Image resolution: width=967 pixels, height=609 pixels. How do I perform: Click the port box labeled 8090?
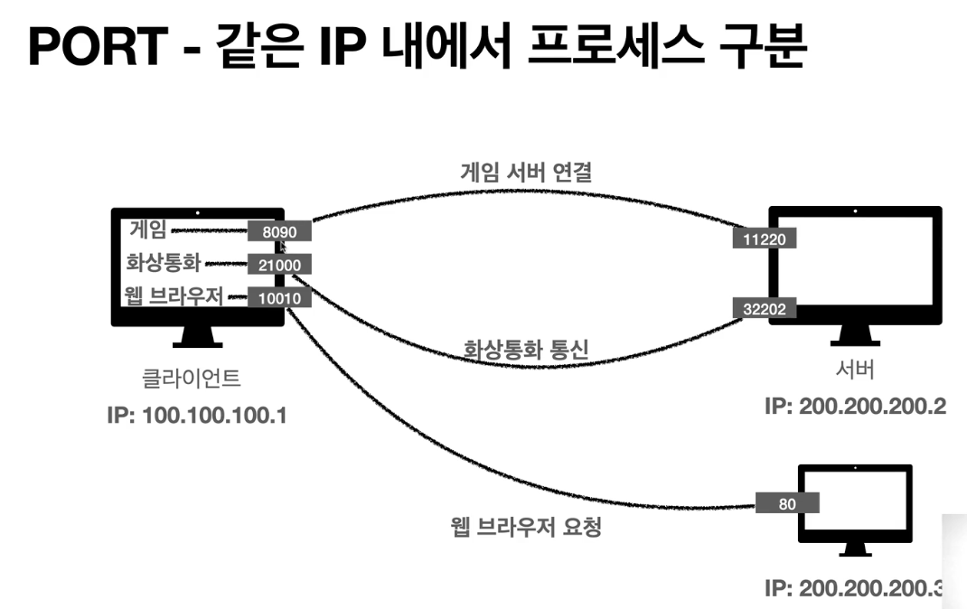click(x=279, y=232)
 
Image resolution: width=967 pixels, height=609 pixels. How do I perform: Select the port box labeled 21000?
click(x=279, y=265)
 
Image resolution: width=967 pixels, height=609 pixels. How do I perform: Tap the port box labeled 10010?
click(x=279, y=298)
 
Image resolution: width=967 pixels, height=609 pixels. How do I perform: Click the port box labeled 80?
click(x=787, y=504)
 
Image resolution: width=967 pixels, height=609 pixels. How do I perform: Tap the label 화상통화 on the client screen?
click(x=163, y=263)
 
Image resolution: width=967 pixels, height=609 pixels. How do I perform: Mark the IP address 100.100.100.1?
click(x=196, y=418)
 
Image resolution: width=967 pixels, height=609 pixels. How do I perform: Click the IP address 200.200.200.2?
click(x=855, y=407)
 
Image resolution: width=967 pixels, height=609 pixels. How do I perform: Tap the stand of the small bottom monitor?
click(x=854, y=549)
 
